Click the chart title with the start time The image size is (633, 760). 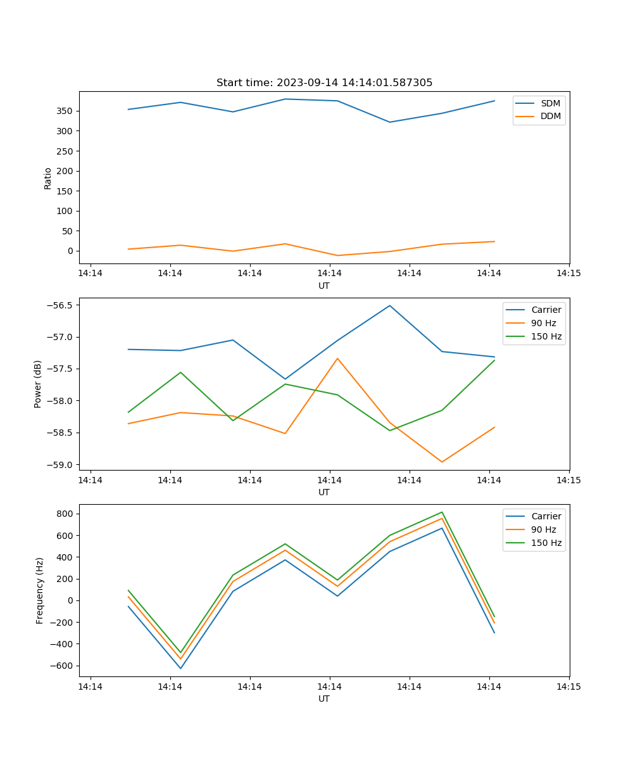pos(324,83)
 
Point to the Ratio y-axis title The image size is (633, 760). pos(47,178)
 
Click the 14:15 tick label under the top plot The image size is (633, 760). pos(568,274)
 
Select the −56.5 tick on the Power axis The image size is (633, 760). pos(60,305)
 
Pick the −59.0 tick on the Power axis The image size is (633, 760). pos(60,465)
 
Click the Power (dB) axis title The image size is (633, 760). pos(38,384)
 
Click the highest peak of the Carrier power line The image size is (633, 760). pos(390,305)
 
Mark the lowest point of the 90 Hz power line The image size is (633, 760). pos(442,462)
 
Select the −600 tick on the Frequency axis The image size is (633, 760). pos(62,666)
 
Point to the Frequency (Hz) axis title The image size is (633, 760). pos(40,590)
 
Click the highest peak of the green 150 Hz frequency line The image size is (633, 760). pos(442,512)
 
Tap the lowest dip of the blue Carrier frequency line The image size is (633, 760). pos(180,668)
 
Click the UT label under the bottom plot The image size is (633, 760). pos(324,699)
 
